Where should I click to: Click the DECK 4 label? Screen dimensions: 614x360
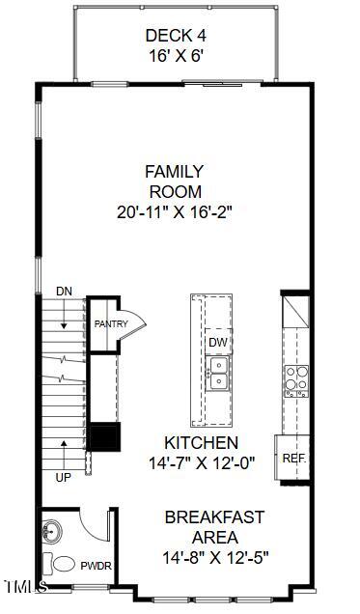click(x=175, y=36)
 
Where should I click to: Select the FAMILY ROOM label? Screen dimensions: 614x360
click(x=174, y=181)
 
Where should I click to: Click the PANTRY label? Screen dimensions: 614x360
click(x=110, y=323)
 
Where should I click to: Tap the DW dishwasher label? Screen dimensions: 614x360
click(x=217, y=343)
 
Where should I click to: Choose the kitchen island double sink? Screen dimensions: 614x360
click(x=218, y=372)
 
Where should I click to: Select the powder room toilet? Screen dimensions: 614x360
click(x=63, y=564)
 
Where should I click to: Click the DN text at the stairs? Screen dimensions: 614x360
click(x=64, y=291)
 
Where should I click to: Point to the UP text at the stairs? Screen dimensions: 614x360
click(x=64, y=477)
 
